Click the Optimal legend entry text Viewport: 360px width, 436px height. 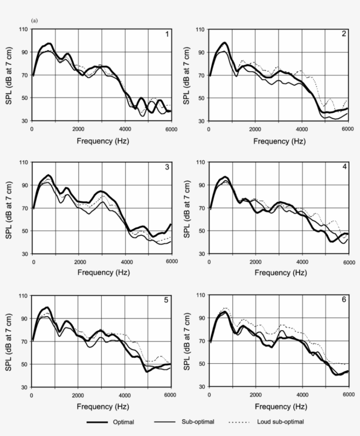click(124, 422)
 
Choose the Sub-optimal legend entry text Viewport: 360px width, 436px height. click(198, 422)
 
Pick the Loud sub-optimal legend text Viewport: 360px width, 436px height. click(280, 422)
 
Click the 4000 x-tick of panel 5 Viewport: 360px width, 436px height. click(125, 395)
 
